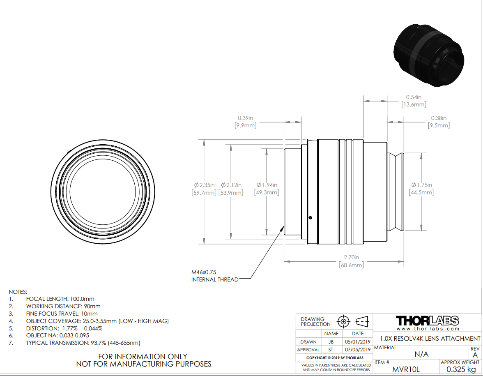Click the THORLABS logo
pyautogui.click(x=427, y=321)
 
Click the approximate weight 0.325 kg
pyautogui.click(x=460, y=369)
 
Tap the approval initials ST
pyautogui.click(x=331, y=350)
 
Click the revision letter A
pyautogui.click(x=475, y=355)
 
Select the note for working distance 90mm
pyautogui.click(x=63, y=306)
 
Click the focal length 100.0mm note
pyautogui.click(x=60, y=299)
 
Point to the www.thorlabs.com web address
pyautogui.click(x=427, y=329)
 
